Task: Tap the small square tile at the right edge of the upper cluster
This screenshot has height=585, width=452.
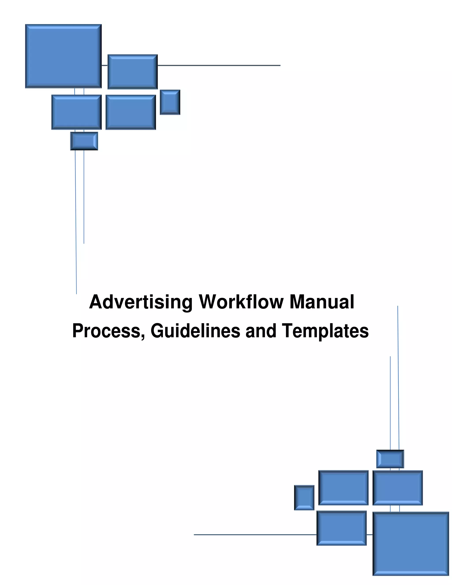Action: click(x=170, y=102)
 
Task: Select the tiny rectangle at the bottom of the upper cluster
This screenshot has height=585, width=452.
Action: click(x=84, y=141)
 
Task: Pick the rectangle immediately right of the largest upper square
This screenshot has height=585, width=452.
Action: click(x=133, y=72)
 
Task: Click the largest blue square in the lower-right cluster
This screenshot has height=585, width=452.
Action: click(x=411, y=544)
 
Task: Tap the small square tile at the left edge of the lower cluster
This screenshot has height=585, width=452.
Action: click(x=304, y=498)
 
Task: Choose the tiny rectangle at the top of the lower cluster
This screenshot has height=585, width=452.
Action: click(x=390, y=459)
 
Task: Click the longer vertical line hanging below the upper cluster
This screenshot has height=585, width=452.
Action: click(x=76, y=222)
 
